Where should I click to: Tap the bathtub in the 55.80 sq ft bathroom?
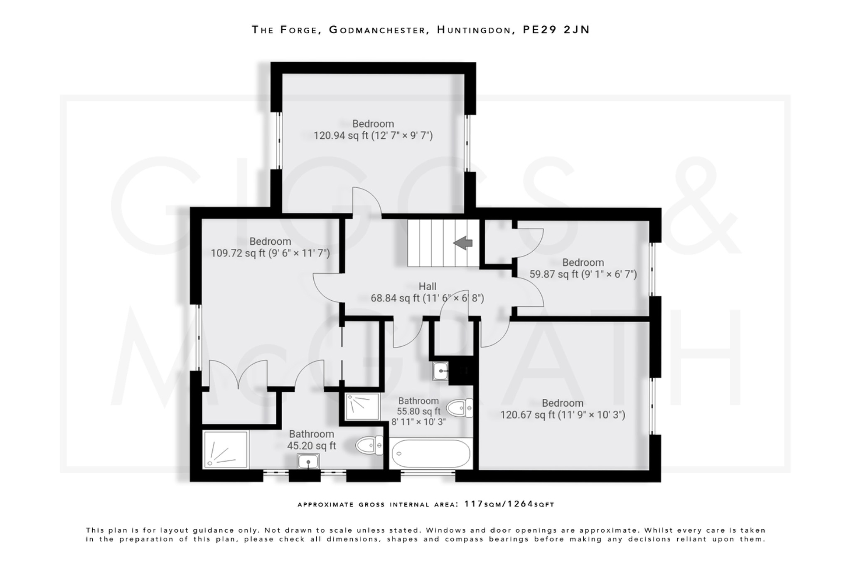click(x=431, y=454)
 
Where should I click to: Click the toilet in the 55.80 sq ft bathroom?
click(x=460, y=408)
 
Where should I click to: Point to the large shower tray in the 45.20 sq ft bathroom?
click(x=226, y=450)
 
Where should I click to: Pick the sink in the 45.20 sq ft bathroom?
click(x=308, y=461)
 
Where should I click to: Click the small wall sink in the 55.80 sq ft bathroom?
click(x=440, y=371)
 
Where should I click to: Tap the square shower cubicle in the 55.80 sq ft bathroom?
click(x=362, y=407)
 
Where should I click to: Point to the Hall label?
click(x=427, y=286)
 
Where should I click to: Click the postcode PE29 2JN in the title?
click(x=556, y=29)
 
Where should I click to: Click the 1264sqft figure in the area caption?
click(x=531, y=504)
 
